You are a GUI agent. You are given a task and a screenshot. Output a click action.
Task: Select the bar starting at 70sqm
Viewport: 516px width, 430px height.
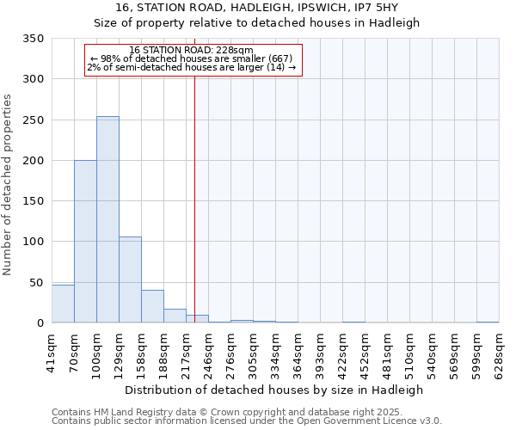click(85, 242)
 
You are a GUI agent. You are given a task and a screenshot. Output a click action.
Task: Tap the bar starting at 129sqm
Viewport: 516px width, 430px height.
click(130, 279)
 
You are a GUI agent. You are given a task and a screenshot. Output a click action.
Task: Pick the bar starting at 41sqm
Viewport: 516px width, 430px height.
click(63, 304)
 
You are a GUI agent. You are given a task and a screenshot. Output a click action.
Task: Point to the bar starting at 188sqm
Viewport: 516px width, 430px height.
click(175, 316)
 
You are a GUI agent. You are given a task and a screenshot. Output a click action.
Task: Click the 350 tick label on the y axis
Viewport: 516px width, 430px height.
click(33, 39)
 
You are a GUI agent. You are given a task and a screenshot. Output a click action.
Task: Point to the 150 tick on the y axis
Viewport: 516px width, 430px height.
click(33, 201)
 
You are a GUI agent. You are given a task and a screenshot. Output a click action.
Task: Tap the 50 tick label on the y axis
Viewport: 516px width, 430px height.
click(36, 282)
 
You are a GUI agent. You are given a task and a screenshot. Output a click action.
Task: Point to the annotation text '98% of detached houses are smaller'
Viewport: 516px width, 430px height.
click(193, 58)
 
